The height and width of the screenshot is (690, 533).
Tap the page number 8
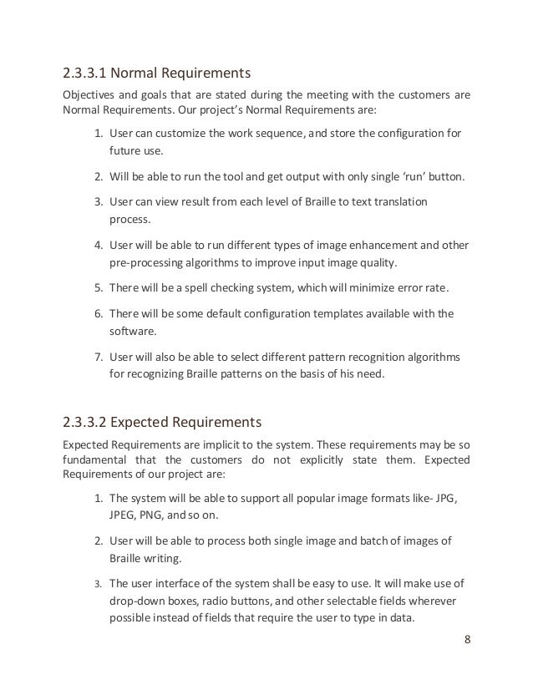click(466, 640)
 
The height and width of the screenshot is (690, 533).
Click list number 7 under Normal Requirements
click(97, 358)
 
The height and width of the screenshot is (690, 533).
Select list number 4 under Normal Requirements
click(97, 246)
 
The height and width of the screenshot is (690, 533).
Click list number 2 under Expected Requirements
click(97, 540)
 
